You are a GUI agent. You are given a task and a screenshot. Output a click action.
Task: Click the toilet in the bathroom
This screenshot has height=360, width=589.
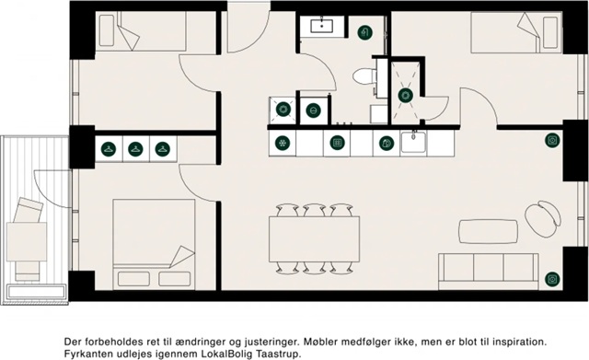(x=364, y=76)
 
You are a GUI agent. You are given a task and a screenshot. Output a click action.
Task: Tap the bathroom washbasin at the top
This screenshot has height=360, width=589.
(x=321, y=26)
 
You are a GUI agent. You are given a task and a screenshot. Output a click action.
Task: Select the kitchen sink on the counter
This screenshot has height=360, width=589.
(x=413, y=142)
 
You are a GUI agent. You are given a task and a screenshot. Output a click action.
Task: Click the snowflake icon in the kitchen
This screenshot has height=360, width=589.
(x=283, y=144)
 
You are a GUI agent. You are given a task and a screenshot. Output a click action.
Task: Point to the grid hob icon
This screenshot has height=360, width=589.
(x=337, y=143)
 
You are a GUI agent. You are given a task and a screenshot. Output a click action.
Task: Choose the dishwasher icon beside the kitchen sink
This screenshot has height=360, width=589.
(x=387, y=143)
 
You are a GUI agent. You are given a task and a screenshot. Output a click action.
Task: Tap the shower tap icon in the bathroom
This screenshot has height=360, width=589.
(x=364, y=33)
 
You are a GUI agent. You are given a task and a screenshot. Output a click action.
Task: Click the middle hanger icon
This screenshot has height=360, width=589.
(x=135, y=149)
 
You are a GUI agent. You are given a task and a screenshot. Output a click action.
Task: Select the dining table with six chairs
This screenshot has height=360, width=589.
(x=314, y=239)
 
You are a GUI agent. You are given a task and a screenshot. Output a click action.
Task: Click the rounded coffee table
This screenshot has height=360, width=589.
(x=488, y=231)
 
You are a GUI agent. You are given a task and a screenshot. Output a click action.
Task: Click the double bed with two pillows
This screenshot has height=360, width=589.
(x=154, y=244)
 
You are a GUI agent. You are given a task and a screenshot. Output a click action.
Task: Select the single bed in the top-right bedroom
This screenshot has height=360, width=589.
(x=516, y=32)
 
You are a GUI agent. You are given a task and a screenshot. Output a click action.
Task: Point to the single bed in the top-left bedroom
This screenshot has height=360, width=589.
(x=141, y=30)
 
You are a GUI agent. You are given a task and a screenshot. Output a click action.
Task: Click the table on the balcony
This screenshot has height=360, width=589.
(x=27, y=241)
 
